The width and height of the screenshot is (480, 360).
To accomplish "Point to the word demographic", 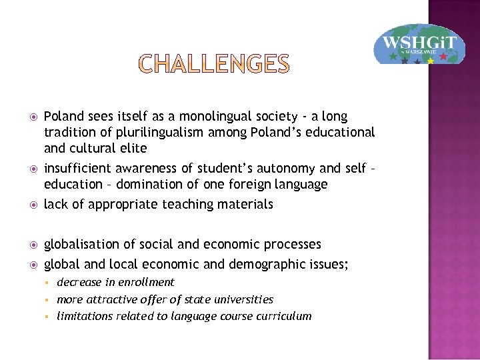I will [x=265, y=264].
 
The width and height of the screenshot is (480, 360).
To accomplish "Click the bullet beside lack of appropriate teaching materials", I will [x=31, y=205].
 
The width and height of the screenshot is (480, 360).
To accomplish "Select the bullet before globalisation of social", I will [x=31, y=245].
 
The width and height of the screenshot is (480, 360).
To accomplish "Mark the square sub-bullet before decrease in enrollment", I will [x=49, y=283].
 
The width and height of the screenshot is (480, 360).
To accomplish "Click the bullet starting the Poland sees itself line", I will [x=31, y=117].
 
